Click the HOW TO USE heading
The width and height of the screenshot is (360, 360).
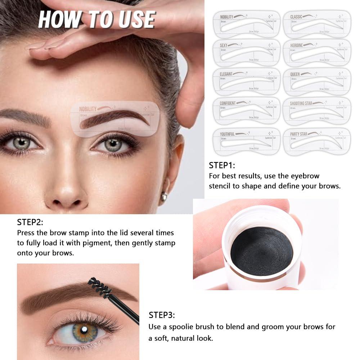[96, 19]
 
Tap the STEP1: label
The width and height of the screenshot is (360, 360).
[222, 165]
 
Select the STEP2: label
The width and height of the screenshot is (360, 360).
[30, 222]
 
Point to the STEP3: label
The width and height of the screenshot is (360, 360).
[162, 315]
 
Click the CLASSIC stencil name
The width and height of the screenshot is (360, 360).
[296, 17]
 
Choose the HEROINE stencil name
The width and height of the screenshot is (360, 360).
[297, 45]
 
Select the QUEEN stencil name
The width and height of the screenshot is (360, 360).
[295, 74]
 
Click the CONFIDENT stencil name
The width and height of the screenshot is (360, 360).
[228, 103]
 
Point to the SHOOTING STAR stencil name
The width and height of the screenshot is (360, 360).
[301, 103]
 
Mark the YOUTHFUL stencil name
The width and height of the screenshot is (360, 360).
[228, 134]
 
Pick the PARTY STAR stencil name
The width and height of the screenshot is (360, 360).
[299, 134]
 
